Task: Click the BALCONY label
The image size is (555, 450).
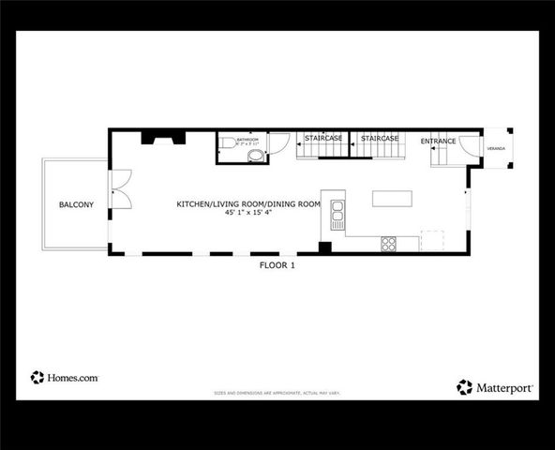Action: [75, 204]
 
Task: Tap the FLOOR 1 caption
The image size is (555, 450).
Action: [277, 265]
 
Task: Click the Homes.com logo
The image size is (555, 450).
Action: [65, 377]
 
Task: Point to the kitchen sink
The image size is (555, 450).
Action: [337, 215]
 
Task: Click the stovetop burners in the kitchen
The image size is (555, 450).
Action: [387, 243]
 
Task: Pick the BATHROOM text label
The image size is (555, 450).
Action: [247, 139]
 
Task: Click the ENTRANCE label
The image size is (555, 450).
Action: [438, 142]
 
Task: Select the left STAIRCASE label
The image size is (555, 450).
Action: [322, 138]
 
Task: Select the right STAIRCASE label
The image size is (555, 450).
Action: [380, 138]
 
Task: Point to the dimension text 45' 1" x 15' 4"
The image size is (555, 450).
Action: [249, 213]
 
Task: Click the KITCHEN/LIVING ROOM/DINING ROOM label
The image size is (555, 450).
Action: [249, 203]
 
